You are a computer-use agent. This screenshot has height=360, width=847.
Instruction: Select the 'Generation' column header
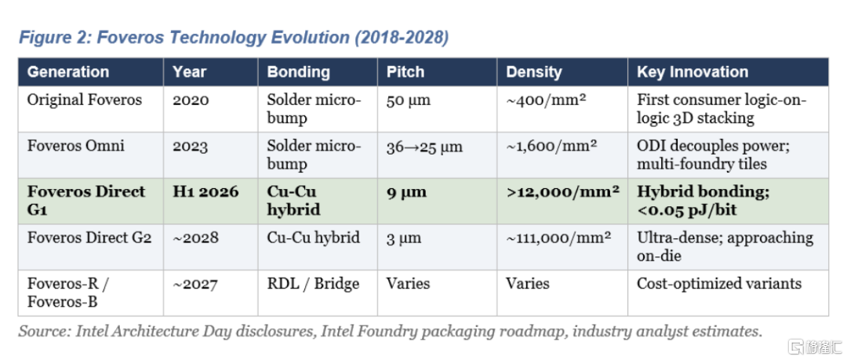[68, 72]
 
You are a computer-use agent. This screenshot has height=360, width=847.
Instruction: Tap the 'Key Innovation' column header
[693, 72]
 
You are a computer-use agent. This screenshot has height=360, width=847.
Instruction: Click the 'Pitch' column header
[405, 72]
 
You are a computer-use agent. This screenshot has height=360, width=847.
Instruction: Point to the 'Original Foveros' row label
[85, 100]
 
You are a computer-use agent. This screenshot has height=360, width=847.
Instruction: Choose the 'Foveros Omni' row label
[75, 146]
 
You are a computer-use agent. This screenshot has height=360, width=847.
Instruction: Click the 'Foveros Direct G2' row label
[89, 238]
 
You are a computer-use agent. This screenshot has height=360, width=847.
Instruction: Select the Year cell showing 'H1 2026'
[205, 192]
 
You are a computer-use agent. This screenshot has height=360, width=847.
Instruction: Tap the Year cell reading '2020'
[191, 100]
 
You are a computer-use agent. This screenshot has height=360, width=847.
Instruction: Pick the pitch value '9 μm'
[406, 192]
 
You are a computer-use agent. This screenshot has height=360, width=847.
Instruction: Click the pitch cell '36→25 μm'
[424, 147]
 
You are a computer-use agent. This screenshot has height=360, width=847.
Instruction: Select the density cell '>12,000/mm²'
[562, 192]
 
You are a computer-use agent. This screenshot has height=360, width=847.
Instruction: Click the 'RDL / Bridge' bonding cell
[313, 283]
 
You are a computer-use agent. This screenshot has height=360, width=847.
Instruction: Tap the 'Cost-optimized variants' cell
[719, 283]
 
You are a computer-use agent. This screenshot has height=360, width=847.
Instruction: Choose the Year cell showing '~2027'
[195, 284]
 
